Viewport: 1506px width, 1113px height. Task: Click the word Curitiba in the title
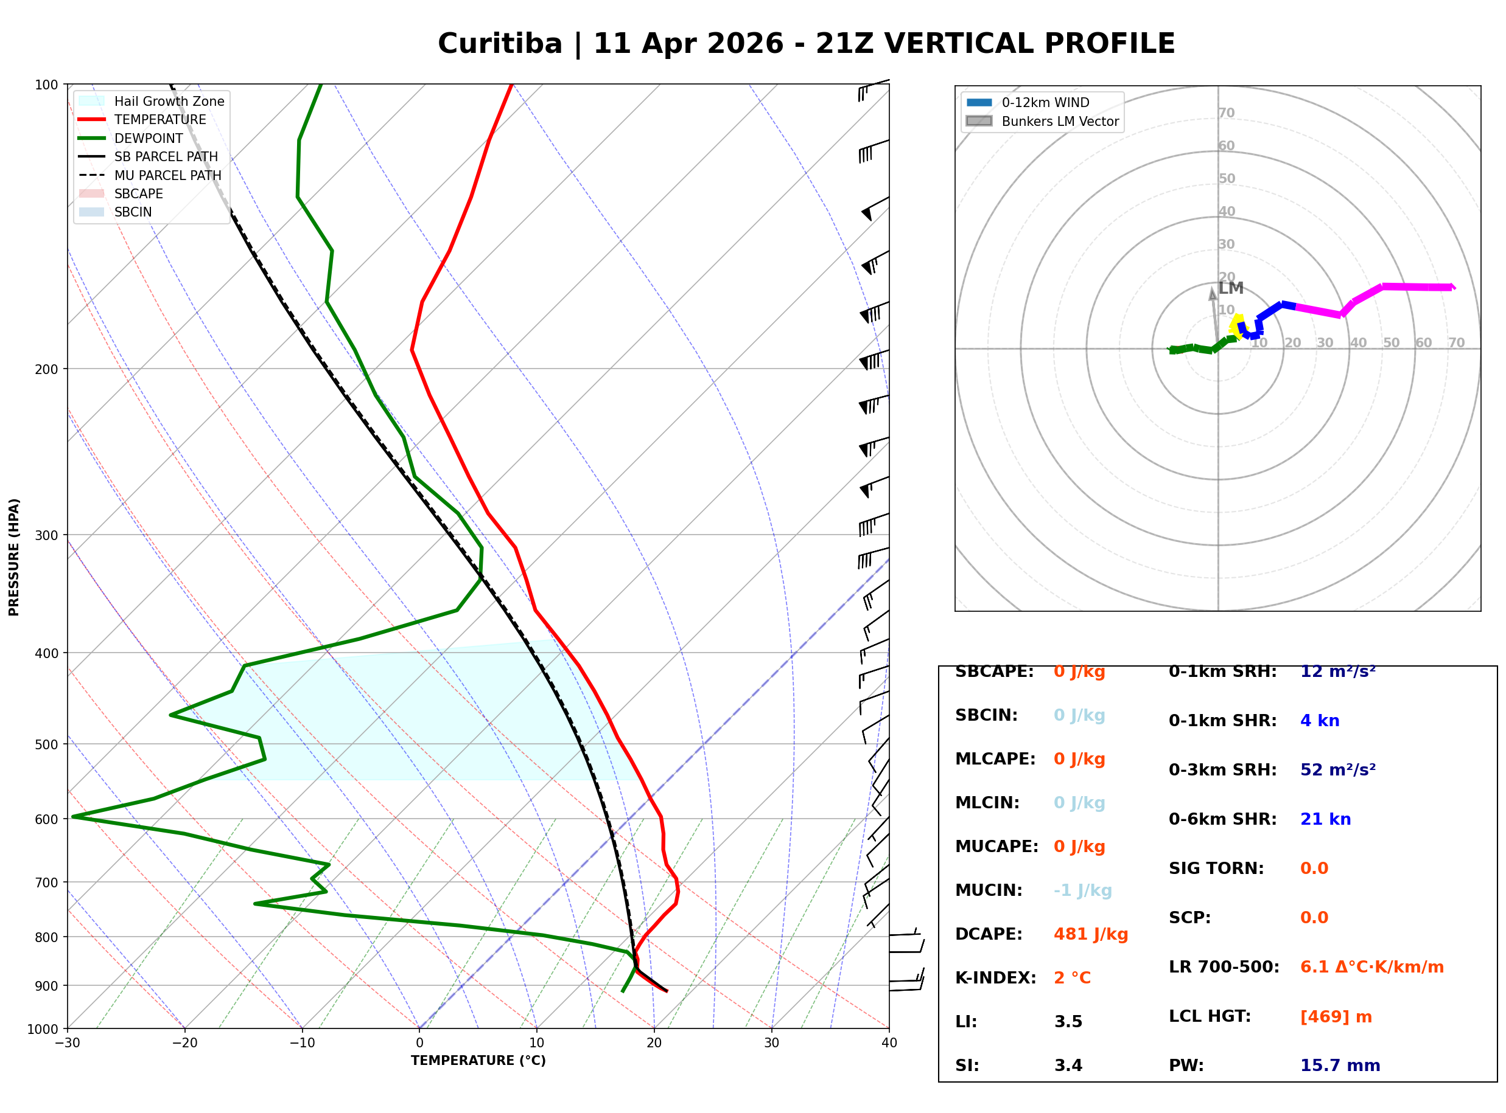500,44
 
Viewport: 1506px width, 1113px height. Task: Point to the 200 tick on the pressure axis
46,369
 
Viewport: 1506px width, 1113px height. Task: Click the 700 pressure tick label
46,882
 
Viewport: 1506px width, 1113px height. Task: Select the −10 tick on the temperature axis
301,1043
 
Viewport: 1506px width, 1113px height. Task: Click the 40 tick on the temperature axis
889,1043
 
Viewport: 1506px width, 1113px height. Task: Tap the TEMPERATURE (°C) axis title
478,1061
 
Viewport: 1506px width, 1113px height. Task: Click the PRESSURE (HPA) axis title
14,556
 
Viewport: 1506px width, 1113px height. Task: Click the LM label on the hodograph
1230,288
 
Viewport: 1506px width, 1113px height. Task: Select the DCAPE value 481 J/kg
1091,934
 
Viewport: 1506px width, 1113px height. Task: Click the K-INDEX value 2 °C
1072,978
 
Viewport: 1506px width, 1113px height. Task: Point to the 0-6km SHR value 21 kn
1325,819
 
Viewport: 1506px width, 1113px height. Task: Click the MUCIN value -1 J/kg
1083,890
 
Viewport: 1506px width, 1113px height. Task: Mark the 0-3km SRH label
1222,770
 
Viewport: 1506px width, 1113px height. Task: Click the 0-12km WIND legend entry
1045,102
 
